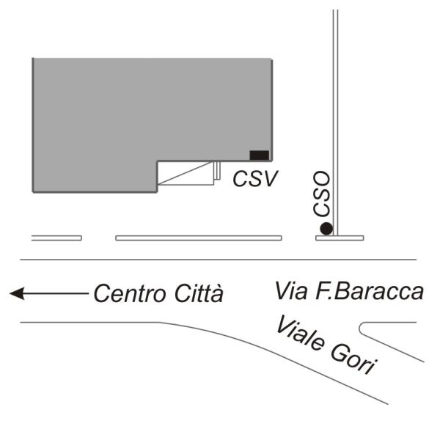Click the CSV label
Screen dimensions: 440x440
coord(255,178)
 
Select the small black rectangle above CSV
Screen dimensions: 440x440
coord(259,155)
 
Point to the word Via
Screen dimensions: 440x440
coord(290,290)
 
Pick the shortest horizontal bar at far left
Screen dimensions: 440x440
coord(56,238)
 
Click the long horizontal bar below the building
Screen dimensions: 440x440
coord(199,238)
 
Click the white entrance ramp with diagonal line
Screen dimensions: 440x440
coord(187,174)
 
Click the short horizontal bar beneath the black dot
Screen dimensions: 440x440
coord(340,238)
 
